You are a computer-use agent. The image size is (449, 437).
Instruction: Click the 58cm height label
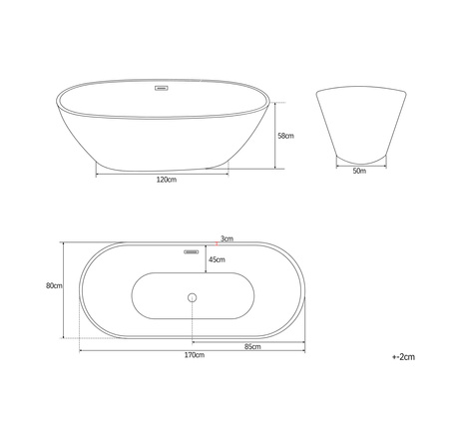coord(284,136)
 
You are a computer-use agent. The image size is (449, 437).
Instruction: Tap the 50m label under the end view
coord(359,172)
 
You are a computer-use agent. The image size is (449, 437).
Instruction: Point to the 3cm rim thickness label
coord(227,238)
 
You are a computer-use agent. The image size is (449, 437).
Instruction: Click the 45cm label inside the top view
coord(216,261)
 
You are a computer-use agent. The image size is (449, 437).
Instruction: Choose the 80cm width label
coord(54,286)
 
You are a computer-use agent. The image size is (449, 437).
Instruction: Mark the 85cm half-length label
coord(252,346)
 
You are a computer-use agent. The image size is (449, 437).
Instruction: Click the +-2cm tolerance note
coord(403,355)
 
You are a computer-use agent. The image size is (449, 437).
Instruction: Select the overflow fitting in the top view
coord(190,251)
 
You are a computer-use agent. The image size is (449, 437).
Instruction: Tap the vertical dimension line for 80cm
coord(64,289)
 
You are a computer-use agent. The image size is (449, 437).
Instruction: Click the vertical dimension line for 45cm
coord(204,261)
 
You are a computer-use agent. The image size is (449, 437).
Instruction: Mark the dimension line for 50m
coord(359,163)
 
